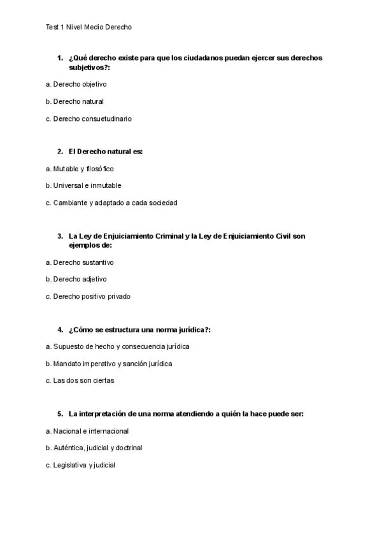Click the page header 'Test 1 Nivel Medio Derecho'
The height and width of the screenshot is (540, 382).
point(89,27)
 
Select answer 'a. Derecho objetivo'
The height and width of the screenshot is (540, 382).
point(76,84)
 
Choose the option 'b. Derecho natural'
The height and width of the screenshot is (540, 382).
point(74,101)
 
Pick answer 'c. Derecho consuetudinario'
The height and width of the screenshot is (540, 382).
point(88,118)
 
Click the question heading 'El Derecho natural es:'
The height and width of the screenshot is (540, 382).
point(106,152)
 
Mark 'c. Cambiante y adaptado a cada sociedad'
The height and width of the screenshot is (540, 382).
point(111,203)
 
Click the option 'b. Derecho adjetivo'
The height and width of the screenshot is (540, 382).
point(76,279)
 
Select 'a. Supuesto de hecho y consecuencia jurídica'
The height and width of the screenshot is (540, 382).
point(118,346)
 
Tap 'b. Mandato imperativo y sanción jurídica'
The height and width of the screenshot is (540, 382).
point(109,364)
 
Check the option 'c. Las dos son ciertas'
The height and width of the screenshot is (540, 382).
point(81,381)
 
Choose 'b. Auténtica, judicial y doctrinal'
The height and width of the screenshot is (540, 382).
point(94,448)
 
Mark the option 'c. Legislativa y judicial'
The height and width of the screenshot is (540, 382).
point(80,465)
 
